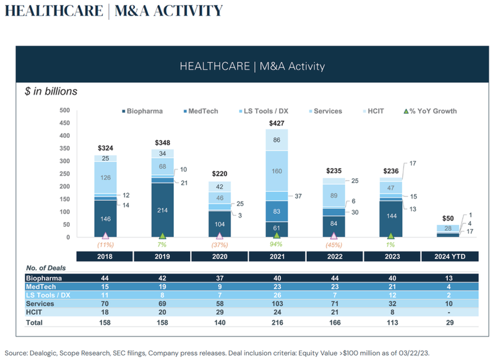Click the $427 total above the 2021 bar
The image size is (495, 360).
[x=277, y=124]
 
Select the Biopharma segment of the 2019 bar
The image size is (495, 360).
[x=163, y=210]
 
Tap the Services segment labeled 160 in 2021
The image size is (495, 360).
[x=277, y=171]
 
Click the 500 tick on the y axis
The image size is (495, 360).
[x=64, y=111]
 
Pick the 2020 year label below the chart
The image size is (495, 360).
[x=220, y=256]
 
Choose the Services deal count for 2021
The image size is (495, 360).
[x=277, y=303]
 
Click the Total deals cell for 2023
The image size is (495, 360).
[x=390, y=322]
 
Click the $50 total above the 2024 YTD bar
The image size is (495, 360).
[x=447, y=219]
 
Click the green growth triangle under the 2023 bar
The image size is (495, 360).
[x=390, y=236]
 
